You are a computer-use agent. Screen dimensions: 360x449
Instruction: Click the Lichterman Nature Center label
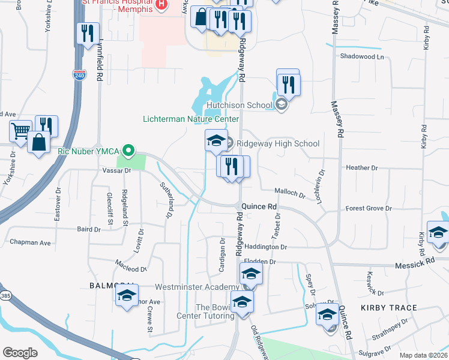pyautogui.click(x=185, y=119)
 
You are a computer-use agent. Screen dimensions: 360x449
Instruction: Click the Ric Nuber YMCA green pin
pyautogui.click(x=127, y=150)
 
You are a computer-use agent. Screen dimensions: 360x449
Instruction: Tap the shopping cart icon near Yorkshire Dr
pyautogui.click(x=20, y=130)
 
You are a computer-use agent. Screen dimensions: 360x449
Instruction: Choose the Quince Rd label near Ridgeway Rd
pyautogui.click(x=259, y=206)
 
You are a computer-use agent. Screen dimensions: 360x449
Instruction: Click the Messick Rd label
pyautogui.click(x=414, y=263)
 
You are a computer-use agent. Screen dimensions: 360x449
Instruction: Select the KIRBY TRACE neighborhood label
pyautogui.click(x=388, y=308)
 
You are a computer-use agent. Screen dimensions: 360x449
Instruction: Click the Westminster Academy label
pyautogui.click(x=197, y=287)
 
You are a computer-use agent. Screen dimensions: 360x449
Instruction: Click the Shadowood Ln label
pyautogui.click(x=361, y=56)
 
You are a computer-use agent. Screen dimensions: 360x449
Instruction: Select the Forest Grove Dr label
pyautogui.click(x=369, y=209)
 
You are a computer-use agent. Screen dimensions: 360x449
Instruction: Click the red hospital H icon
pyautogui.click(x=161, y=5)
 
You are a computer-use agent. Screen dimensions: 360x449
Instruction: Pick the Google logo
pyautogui.click(x=20, y=353)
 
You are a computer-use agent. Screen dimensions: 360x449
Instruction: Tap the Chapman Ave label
pyautogui.click(x=30, y=242)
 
